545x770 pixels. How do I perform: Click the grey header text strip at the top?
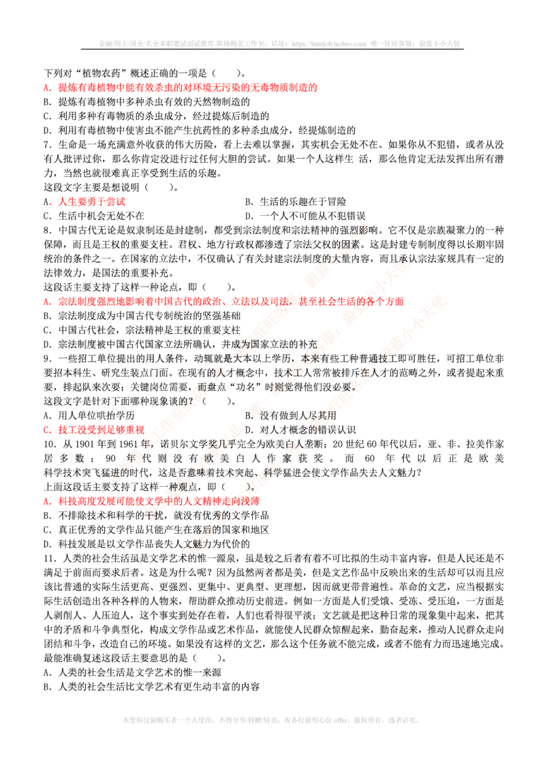pyautogui.click(x=280, y=44)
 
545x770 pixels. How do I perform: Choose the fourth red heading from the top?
pyautogui.click(x=100, y=430)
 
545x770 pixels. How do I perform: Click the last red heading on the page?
pyautogui.click(x=157, y=500)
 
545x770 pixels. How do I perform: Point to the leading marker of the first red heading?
pyautogui.click(x=46, y=89)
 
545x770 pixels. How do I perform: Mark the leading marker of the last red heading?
pyautogui.click(x=46, y=501)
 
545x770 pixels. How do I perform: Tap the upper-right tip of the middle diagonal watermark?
pyautogui.click(x=407, y=261)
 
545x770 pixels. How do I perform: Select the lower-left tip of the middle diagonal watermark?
pyautogui.click(x=149, y=516)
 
